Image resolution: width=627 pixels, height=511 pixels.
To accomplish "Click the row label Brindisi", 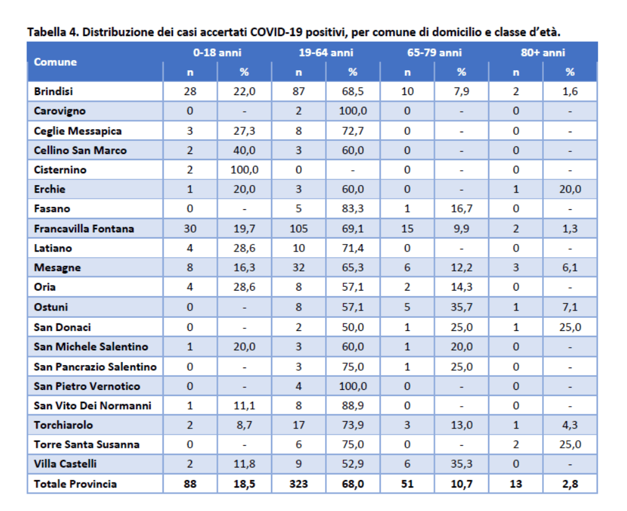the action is pyautogui.click(x=53, y=91).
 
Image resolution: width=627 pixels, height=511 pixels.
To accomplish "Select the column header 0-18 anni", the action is pyautogui.click(x=217, y=52).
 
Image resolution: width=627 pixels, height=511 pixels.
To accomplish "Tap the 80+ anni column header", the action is pyautogui.click(x=543, y=52).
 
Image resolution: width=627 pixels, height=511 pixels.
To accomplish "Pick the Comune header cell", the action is pyautogui.click(x=55, y=62).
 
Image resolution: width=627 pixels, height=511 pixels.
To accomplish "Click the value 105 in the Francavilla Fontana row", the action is pyautogui.click(x=299, y=228).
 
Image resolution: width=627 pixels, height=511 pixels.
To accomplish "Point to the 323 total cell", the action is pyautogui.click(x=299, y=484).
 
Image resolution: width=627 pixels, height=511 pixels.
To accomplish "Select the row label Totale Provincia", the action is pyautogui.click(x=75, y=484).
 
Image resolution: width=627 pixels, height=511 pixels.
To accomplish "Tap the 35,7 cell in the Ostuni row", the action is pyautogui.click(x=461, y=307).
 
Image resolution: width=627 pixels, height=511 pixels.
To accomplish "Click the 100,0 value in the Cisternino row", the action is pyautogui.click(x=244, y=170).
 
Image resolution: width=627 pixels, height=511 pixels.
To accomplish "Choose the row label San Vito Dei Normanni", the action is pyautogui.click(x=92, y=405).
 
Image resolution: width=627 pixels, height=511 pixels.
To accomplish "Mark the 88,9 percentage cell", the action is pyautogui.click(x=353, y=405).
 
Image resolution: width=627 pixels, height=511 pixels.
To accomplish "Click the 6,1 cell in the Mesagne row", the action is pyautogui.click(x=570, y=268).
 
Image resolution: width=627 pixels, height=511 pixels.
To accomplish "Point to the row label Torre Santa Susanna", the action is pyautogui.click(x=86, y=445).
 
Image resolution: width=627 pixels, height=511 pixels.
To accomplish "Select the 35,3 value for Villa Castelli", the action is pyautogui.click(x=461, y=464).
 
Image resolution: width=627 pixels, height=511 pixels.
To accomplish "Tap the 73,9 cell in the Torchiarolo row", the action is pyautogui.click(x=353, y=425).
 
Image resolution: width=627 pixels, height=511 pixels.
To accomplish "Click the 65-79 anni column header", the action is pyautogui.click(x=434, y=52).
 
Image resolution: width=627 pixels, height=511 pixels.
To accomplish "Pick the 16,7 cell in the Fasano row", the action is pyautogui.click(x=461, y=209).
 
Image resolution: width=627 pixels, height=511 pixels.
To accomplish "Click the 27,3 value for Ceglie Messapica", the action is pyautogui.click(x=244, y=131).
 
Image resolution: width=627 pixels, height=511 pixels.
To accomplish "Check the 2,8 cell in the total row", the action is pyautogui.click(x=570, y=484).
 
